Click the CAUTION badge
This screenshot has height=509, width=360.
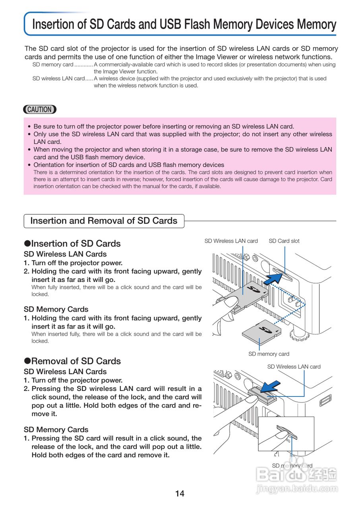pyautogui.click(x=40, y=109)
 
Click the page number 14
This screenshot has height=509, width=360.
pyautogui.click(x=180, y=493)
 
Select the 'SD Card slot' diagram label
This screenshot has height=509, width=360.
pyautogui.click(x=284, y=241)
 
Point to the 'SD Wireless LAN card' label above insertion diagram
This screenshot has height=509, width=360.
pyautogui.click(x=231, y=241)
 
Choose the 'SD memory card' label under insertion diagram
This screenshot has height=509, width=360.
pyautogui.click(x=269, y=354)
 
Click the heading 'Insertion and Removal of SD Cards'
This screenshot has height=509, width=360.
pyautogui.click(x=104, y=221)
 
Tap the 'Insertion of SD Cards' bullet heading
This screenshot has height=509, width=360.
pyautogui.click(x=75, y=243)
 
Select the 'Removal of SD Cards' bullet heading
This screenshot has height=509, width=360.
pyautogui.click(x=75, y=361)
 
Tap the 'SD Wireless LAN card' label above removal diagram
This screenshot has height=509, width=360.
pyautogui.click(x=294, y=367)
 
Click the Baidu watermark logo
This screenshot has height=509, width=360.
pyautogui.click(x=296, y=475)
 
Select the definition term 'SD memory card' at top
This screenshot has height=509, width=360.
pyautogui.click(x=53, y=64)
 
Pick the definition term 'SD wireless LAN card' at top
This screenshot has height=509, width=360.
pyautogui.click(x=58, y=79)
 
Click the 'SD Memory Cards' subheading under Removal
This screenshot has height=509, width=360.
pyautogui.click(x=56, y=429)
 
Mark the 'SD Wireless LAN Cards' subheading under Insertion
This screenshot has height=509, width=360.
pyautogui.click(x=65, y=254)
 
